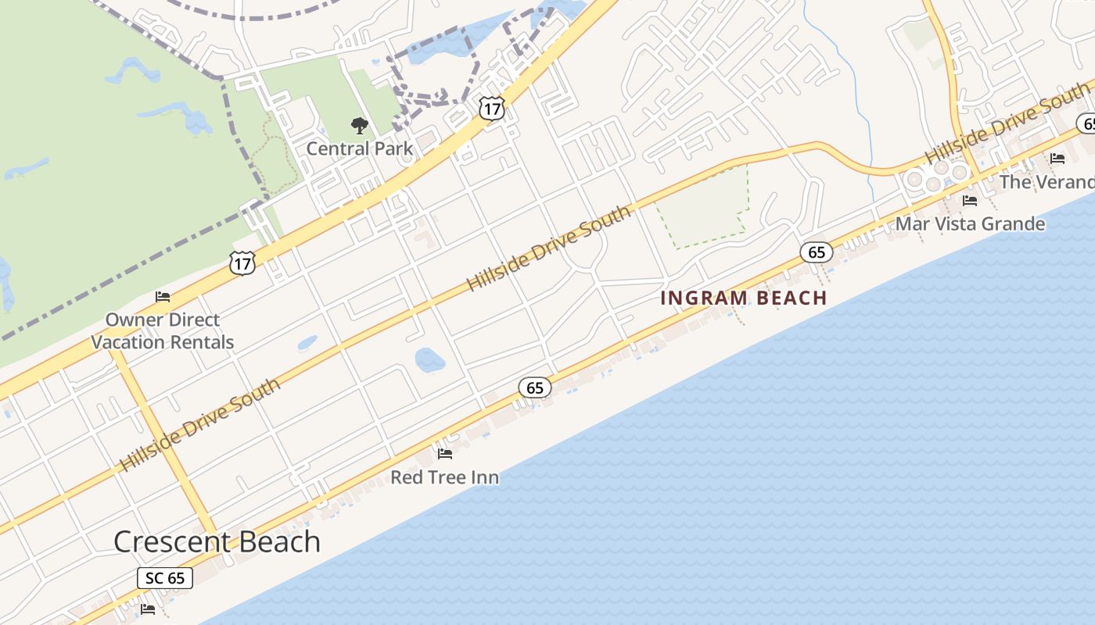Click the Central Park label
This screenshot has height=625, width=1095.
coord(359,148)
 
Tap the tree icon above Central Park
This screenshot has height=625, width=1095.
coord(359,124)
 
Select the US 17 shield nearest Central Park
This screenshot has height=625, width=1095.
coord(492,109)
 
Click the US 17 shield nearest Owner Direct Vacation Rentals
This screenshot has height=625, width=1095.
coord(242,263)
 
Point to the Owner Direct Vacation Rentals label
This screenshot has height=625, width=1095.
coord(163,330)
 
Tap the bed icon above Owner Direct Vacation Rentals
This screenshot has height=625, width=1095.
coord(163,297)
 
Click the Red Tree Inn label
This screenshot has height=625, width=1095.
coord(444,477)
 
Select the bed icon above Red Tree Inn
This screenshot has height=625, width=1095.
coord(445,453)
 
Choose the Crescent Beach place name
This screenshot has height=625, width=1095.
coord(217,541)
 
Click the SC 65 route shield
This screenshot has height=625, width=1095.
coord(165,578)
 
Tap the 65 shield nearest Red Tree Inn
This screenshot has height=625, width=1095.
coord(535,387)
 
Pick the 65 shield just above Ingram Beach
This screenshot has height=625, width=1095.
coord(817,252)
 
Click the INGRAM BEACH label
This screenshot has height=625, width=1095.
coord(743,298)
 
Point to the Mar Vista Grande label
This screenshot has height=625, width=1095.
coord(970,224)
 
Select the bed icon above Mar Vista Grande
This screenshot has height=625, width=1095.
coord(970,201)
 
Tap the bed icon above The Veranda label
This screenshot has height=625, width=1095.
coord(1057,159)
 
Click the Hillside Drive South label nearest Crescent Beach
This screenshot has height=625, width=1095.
coord(200,425)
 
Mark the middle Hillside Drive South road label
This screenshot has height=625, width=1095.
coord(549,248)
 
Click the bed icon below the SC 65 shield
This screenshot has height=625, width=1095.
coord(148,609)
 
